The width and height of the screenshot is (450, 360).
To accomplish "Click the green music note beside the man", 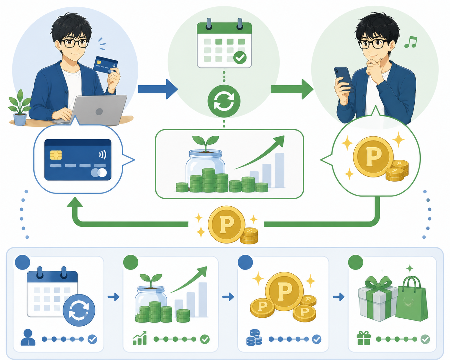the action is [411, 42].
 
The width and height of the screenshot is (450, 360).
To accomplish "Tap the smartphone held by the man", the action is [343, 80].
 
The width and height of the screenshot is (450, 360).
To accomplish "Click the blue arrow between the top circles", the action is [158, 89].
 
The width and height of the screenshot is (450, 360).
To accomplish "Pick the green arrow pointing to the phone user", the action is [292, 89].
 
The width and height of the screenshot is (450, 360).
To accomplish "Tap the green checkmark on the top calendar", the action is [240, 57].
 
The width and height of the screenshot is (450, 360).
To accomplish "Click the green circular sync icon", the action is [224, 101].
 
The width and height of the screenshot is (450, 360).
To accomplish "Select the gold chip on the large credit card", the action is [56, 155].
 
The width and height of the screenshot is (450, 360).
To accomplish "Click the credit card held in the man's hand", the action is [106, 64].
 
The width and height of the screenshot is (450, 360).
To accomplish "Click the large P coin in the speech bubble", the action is [373, 157].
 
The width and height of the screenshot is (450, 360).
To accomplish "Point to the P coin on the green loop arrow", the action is [227, 225].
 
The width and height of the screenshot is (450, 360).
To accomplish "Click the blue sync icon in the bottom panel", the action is [79, 310].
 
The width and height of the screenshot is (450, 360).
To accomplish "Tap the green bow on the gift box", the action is [378, 283].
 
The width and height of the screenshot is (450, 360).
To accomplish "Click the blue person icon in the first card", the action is [28, 337].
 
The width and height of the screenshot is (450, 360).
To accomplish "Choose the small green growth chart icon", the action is [140, 338].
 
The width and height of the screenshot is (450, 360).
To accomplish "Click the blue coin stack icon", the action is [254, 338].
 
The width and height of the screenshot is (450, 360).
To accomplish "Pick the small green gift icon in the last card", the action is [364, 338].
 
